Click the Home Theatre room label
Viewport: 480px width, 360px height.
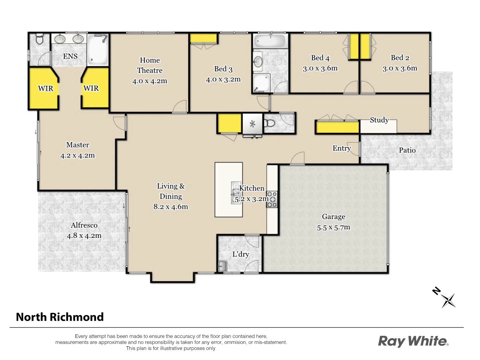[150, 65]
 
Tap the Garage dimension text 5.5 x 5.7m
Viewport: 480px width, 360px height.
[333, 228]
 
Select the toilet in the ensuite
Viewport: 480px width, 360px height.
[39, 40]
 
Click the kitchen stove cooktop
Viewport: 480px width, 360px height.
[272, 199]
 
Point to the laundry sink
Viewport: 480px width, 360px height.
[222, 266]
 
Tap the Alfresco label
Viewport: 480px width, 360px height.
[84, 225]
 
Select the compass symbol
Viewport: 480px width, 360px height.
[448, 300]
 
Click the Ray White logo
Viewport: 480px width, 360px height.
[413, 341]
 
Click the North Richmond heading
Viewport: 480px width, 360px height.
[60, 317]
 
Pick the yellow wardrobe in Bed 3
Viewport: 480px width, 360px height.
[203, 38]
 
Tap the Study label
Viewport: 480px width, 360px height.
[379, 120]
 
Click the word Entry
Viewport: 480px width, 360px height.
[341, 148]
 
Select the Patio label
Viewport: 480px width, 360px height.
[407, 150]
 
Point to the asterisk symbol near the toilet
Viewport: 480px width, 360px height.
[252, 124]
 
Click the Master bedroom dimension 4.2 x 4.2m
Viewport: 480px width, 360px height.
[77, 156]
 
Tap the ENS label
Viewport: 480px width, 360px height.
[70, 56]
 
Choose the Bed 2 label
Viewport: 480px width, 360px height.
[400, 58]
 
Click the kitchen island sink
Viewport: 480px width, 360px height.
[236, 192]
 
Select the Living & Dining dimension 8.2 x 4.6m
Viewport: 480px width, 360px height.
[171, 207]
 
